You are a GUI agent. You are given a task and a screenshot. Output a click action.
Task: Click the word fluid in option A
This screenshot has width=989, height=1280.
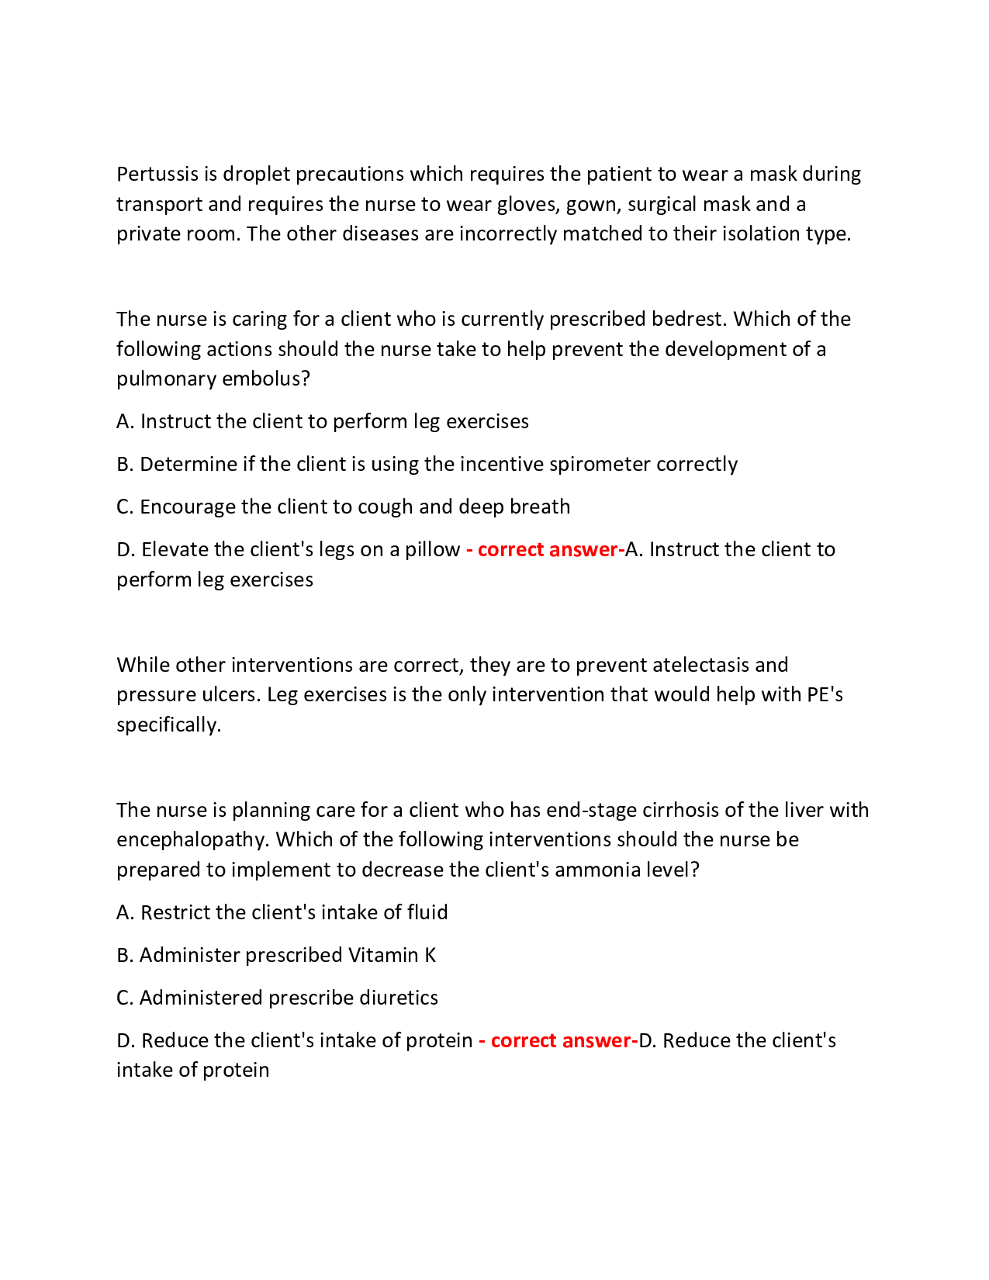click(x=427, y=912)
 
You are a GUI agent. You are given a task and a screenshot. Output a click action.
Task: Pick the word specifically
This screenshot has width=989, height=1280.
click(x=168, y=725)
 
